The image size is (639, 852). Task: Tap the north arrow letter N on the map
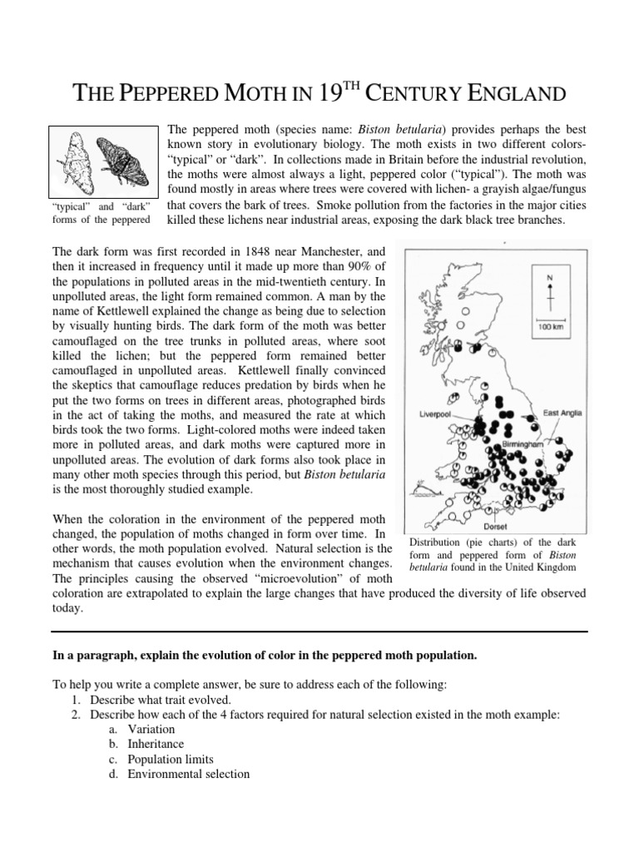(548, 279)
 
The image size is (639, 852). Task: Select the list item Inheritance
(156, 744)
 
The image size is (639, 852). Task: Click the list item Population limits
(170, 759)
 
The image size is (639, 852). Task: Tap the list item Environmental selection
(188, 774)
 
